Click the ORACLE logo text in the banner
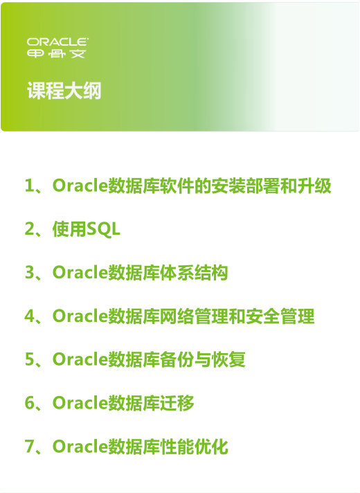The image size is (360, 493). (57, 42)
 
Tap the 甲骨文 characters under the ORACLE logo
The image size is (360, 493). (56, 54)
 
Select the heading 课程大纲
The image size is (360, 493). (64, 91)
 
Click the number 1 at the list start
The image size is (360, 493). (29, 186)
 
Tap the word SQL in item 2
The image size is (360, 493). (103, 229)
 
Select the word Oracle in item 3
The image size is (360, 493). (80, 272)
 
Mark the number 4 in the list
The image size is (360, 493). (30, 316)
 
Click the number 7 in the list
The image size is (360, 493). (29, 446)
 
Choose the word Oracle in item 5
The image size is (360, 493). (80, 359)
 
